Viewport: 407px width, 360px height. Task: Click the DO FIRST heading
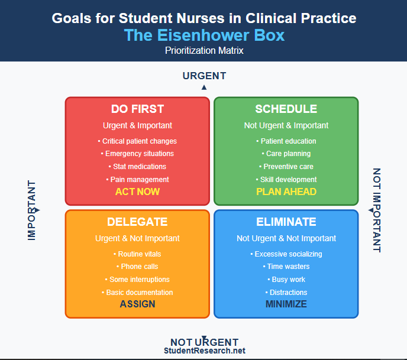pyautogui.click(x=137, y=109)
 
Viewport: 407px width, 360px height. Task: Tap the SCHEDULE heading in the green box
pyautogui.click(x=286, y=109)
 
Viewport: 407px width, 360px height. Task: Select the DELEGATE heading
pyautogui.click(x=137, y=222)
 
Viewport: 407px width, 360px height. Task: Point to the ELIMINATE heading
pyautogui.click(x=286, y=222)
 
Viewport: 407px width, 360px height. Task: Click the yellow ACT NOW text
pyautogui.click(x=137, y=192)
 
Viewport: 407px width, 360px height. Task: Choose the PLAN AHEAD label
pyautogui.click(x=286, y=192)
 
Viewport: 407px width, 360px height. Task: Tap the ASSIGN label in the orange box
pyautogui.click(x=137, y=304)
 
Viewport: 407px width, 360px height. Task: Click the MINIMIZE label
pyautogui.click(x=286, y=304)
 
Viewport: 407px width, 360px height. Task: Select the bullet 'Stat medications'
pyautogui.click(x=137, y=167)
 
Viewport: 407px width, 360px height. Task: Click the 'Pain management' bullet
pyautogui.click(x=137, y=179)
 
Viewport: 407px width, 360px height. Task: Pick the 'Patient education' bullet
pyautogui.click(x=286, y=141)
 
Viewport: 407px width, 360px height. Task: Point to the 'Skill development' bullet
pyautogui.click(x=286, y=179)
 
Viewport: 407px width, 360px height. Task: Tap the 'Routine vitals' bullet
pyautogui.click(x=137, y=254)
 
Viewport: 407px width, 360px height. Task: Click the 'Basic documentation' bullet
pyautogui.click(x=137, y=292)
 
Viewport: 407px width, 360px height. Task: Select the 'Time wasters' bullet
pyautogui.click(x=286, y=267)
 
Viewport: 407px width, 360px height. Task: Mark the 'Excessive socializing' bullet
pyautogui.click(x=286, y=254)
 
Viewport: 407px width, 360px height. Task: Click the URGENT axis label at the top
pyautogui.click(x=204, y=76)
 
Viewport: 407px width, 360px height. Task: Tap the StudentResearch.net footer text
pyautogui.click(x=204, y=351)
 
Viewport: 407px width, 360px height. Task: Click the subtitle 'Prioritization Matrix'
pyautogui.click(x=204, y=50)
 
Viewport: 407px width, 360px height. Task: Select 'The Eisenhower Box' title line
pyautogui.click(x=204, y=35)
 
